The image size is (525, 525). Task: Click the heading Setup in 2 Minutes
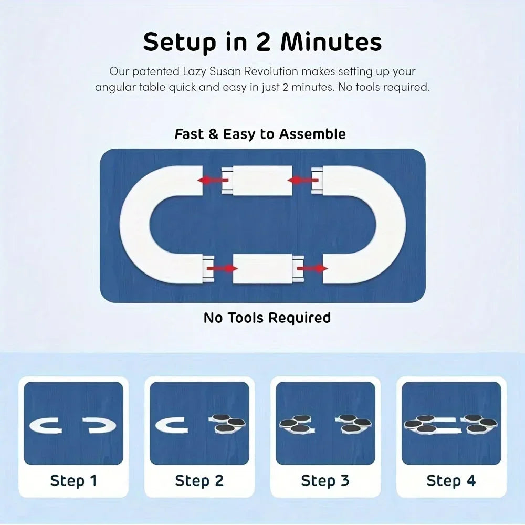coord(262,42)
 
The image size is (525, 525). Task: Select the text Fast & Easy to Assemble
coord(260,134)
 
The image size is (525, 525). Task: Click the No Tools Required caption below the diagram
coord(267,318)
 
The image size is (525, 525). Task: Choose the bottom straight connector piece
coord(262,268)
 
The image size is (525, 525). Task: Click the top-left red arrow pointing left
coord(212,180)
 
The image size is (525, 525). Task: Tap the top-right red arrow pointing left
coord(303,180)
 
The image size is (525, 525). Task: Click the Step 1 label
coord(73,480)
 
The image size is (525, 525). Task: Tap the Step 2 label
coord(199,480)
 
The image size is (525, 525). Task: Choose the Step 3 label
coord(325,480)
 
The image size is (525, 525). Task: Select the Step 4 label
coord(451,480)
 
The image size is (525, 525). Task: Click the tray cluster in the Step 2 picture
coord(227,424)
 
